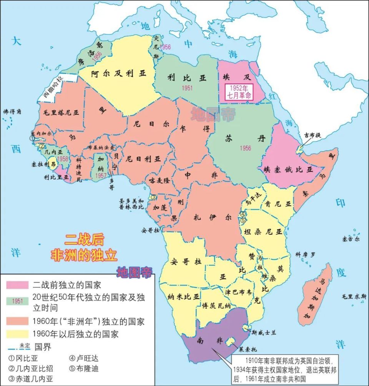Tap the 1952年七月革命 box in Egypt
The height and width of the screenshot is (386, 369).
pyautogui.click(x=238, y=91)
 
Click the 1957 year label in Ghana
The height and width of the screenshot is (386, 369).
pyautogui.click(x=101, y=175)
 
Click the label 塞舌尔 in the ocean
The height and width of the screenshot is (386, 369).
pyautogui.click(x=350, y=239)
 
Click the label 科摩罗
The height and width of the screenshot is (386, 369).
pyautogui.click(x=305, y=254)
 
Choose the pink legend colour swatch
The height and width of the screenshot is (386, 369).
pyautogui.click(x=17, y=285)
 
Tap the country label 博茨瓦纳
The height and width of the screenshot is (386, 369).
pyautogui.click(x=216, y=306)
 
